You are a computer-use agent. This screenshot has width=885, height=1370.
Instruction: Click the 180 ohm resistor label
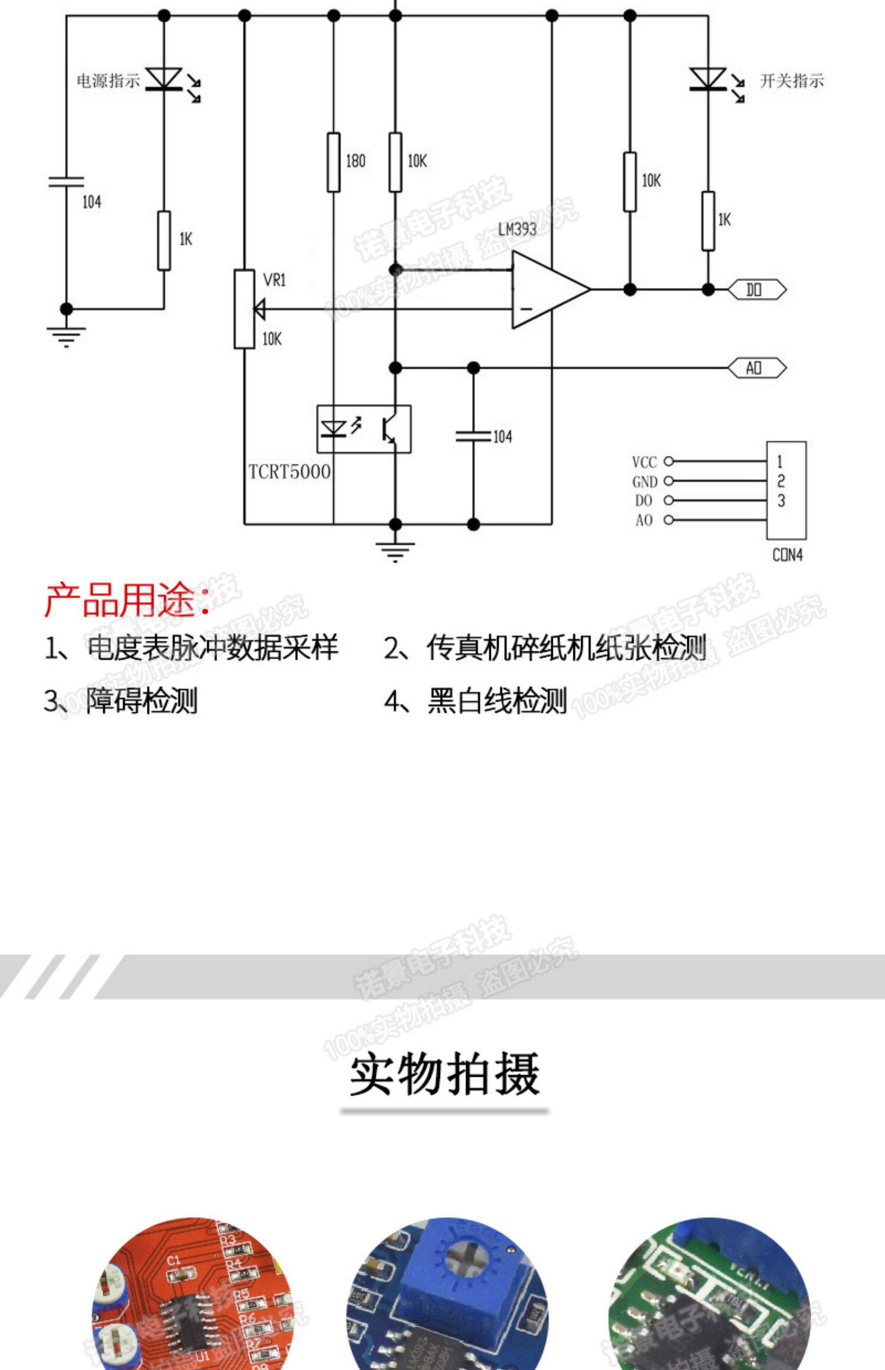point(355,160)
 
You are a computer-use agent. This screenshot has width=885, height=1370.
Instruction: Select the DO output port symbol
point(756,290)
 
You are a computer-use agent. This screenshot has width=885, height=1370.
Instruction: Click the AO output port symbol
point(756,368)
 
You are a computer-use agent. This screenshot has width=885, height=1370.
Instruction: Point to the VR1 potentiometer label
point(274,280)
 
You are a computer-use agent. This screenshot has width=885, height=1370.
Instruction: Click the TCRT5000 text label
point(289,472)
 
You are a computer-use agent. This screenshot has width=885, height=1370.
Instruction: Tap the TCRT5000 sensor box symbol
point(364,429)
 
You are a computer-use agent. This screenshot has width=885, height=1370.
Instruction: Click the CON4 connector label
point(787,555)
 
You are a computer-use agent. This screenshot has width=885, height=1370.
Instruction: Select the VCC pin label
point(644,462)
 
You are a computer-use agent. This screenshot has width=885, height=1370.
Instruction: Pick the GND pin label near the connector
point(644,481)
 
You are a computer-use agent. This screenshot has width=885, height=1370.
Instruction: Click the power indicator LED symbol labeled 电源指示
point(164,79)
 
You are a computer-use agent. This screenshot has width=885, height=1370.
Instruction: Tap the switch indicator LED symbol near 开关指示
point(708,80)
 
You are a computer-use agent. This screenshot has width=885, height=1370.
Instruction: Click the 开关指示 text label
point(791,81)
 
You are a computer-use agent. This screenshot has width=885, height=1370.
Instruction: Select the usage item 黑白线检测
point(497,700)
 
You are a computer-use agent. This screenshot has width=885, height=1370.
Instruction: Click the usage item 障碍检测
point(142,700)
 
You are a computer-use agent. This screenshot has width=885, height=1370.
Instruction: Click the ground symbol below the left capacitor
point(66,336)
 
